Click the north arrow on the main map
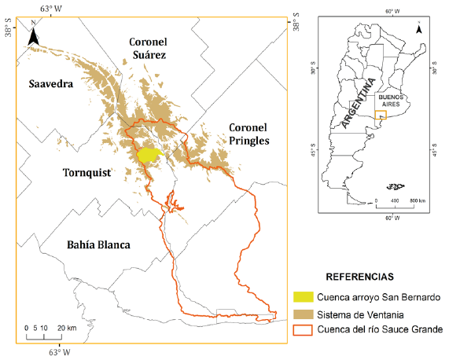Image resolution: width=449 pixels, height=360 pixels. pyautogui.click(x=34, y=35)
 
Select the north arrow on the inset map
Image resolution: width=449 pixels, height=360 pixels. pyautogui.click(x=419, y=28)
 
